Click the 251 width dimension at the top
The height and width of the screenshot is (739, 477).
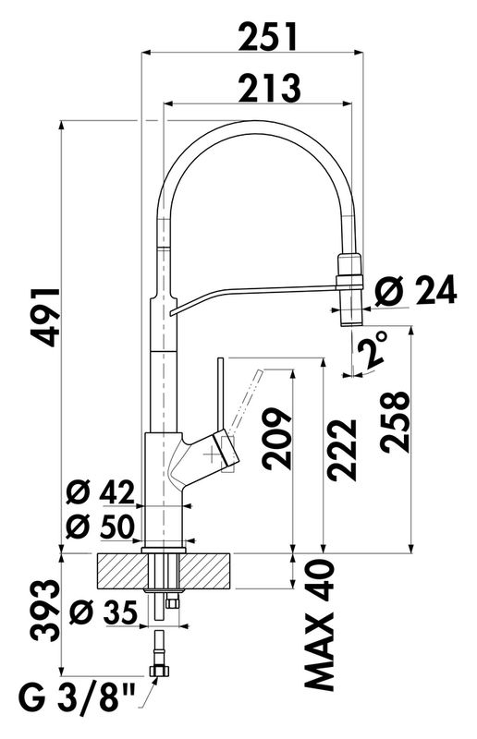pos(268,36)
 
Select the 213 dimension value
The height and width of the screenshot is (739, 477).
pos(269,88)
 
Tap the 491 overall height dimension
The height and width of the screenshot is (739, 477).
pos(45,317)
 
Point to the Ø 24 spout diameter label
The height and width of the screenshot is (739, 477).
pos(416,289)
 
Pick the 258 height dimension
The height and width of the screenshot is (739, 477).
pos(395,422)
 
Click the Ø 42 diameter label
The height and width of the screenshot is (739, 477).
pos(101,494)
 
